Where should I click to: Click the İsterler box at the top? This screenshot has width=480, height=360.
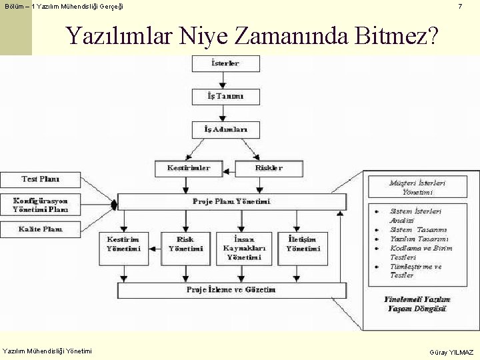click(x=226, y=64)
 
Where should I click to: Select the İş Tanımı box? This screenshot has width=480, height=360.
click(x=226, y=97)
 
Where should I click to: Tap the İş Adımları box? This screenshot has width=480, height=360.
click(x=226, y=129)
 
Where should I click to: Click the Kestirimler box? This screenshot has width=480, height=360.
click(x=189, y=168)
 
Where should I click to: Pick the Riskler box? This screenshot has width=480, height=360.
click(x=269, y=168)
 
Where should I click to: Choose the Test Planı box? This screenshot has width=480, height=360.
click(x=40, y=179)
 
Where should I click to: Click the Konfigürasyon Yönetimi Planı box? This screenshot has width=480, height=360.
click(x=40, y=205)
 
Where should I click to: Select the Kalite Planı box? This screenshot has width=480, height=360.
click(x=40, y=229)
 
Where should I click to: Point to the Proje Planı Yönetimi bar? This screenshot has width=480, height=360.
click(x=231, y=201)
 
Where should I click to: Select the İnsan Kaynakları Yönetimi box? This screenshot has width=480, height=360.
click(x=244, y=248)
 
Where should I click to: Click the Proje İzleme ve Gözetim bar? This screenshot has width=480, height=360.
click(x=231, y=290)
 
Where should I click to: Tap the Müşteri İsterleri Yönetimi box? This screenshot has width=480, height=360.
click(x=418, y=187)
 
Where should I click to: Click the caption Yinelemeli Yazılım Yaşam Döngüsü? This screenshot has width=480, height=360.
click(x=418, y=304)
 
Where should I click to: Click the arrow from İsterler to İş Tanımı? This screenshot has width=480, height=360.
click(x=226, y=81)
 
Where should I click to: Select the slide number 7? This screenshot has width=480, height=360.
click(x=459, y=7)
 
